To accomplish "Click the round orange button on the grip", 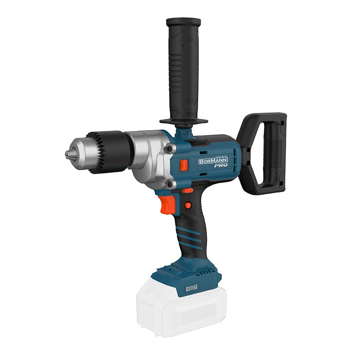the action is [x=188, y=205].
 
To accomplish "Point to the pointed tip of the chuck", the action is [x=66, y=153].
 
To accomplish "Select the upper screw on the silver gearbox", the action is [x=170, y=148].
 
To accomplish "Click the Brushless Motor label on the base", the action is [x=192, y=288].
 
